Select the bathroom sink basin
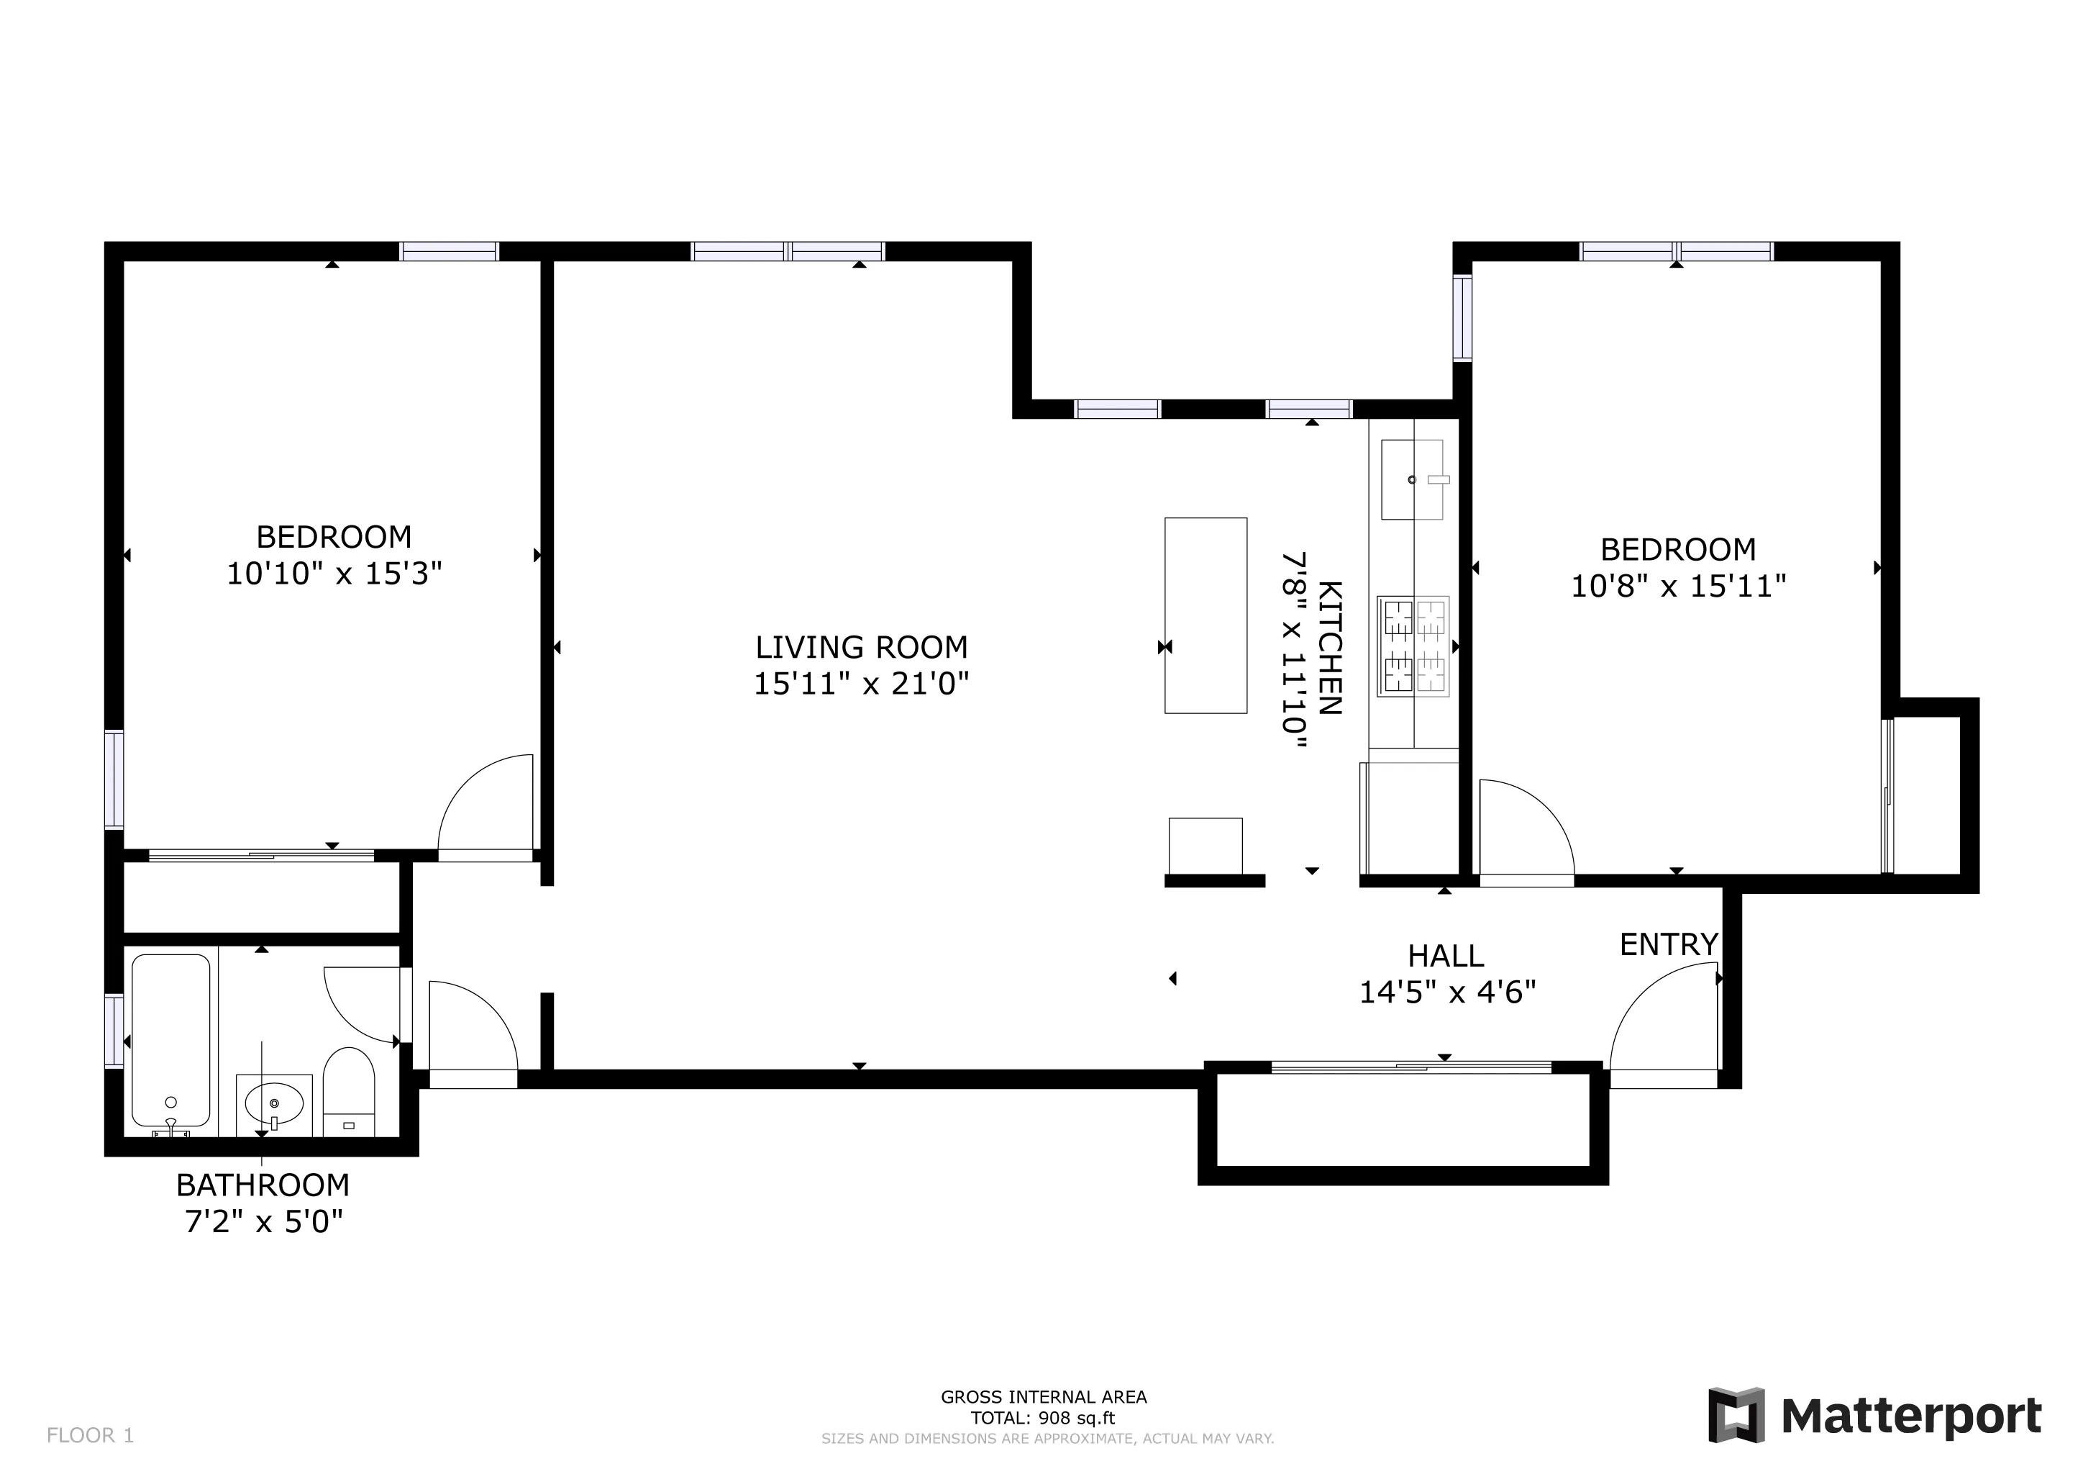coord(273,1103)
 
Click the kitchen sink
coord(1412,479)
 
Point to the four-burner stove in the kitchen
coord(1413,646)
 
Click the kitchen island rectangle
coord(1205,615)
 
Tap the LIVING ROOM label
coord(861,647)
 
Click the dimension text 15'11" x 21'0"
coord(861,684)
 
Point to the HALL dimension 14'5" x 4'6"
coord(1446,992)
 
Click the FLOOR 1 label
coord(90,1435)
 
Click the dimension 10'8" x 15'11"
coord(1677,587)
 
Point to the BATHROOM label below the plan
coord(263,1185)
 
